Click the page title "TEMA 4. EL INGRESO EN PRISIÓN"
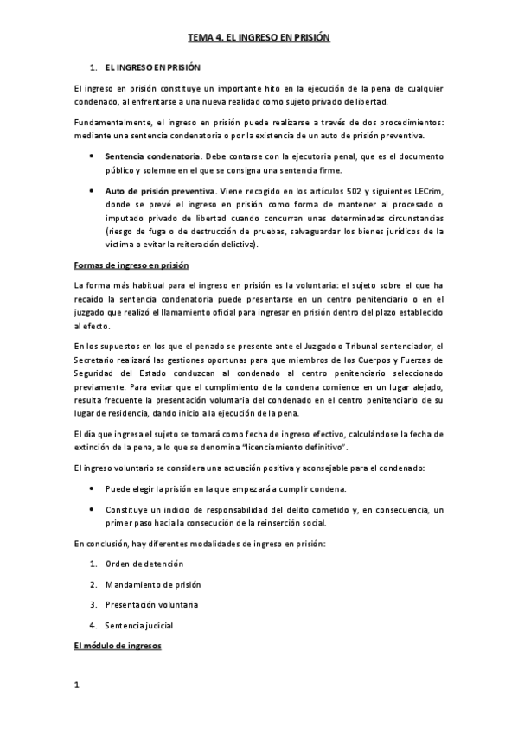click(x=259, y=39)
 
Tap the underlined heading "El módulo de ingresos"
click(x=118, y=647)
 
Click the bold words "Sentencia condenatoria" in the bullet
click(x=152, y=156)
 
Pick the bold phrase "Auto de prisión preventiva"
click(x=160, y=190)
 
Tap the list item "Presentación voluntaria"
click(x=151, y=605)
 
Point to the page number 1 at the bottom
click(x=77, y=686)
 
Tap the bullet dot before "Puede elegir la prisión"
click(x=93, y=488)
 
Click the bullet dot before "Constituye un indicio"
click(x=93, y=509)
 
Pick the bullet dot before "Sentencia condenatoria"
click(x=93, y=156)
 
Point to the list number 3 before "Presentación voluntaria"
click(x=92, y=605)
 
